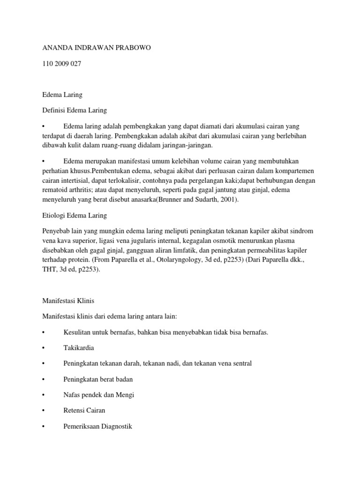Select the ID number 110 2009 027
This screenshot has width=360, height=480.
[x=61, y=64]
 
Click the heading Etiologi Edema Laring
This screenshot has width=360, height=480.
[x=75, y=215]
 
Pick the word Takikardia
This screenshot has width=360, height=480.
[x=79, y=348]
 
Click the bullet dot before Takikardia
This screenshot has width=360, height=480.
[x=44, y=348]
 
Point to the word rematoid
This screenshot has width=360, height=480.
[x=56, y=190]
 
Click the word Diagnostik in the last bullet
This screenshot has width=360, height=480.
[x=115, y=426]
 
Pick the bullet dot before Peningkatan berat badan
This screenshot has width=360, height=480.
[x=44, y=379]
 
